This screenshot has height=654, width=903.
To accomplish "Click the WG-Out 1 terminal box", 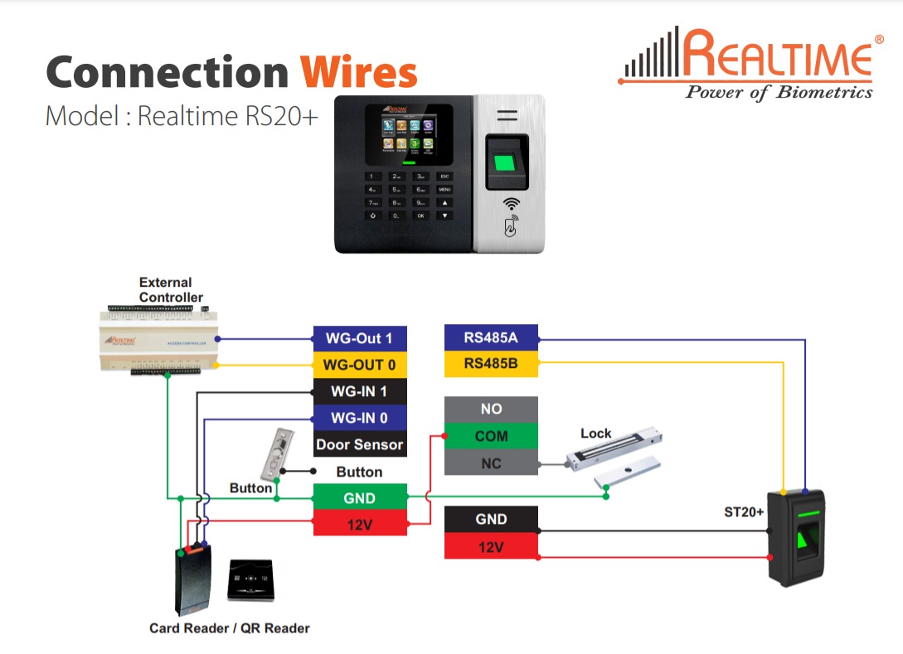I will [359, 338].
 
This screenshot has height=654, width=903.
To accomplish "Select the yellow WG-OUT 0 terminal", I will [359, 365].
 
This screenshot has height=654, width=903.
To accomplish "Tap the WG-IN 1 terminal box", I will [359, 391].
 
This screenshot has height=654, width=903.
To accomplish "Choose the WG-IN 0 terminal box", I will [359, 418].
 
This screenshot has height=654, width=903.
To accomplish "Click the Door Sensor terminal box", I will [359, 444].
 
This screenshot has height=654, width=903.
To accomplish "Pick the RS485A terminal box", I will [491, 337].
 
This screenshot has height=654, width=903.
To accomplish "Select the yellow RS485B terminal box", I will [491, 363].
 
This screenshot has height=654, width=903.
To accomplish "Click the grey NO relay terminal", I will [491, 409].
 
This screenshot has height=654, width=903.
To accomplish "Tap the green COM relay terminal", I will [491, 436].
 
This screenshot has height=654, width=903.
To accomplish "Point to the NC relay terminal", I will [491, 463].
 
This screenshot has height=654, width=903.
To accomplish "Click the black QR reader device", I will [250, 579].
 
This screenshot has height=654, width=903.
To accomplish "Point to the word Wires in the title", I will [358, 72].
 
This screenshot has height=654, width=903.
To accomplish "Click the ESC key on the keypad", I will [445, 177].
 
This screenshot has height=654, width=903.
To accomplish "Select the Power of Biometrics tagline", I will [778, 92].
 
